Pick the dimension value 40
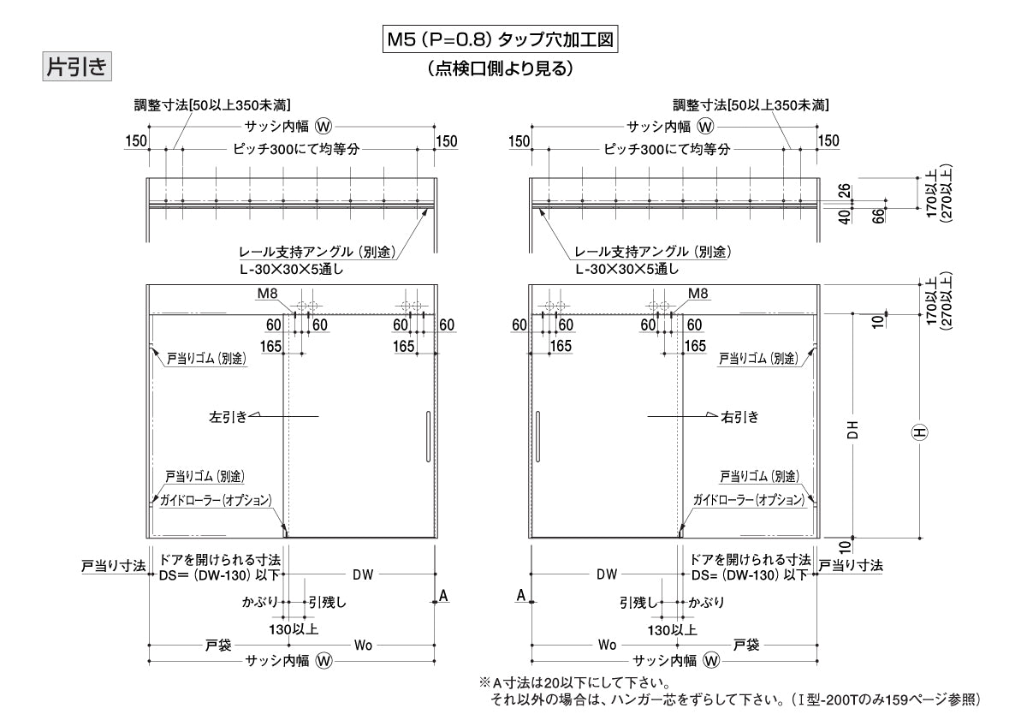tap(845, 217)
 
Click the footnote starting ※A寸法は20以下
tap(573, 683)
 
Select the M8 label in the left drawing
tap(269, 294)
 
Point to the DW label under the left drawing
tap(363, 575)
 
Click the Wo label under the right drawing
tap(607, 645)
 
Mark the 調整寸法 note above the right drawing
tap(751, 105)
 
